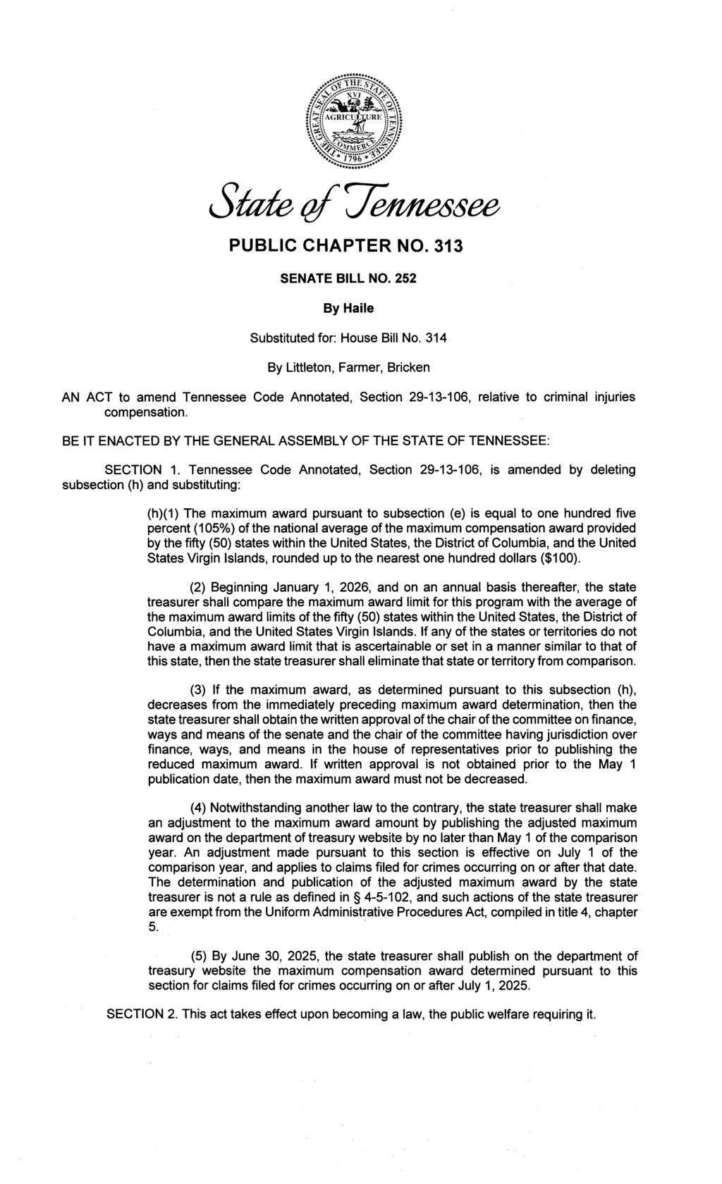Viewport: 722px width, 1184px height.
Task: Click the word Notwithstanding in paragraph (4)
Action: click(x=260, y=807)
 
